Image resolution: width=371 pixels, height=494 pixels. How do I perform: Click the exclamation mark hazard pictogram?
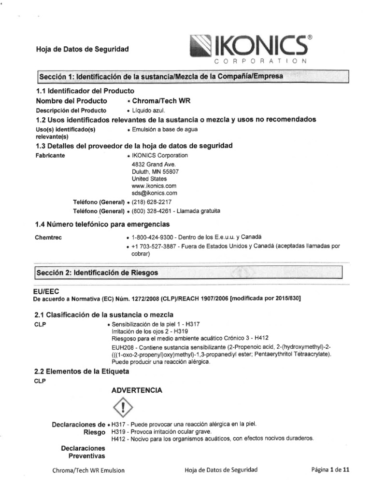pyautogui.click(x=125, y=408)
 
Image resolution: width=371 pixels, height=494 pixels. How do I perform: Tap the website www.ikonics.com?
pyautogui.click(x=150, y=186)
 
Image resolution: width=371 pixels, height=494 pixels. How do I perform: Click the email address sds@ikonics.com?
pyautogui.click(x=151, y=193)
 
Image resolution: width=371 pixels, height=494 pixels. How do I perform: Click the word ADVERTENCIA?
pyautogui.click(x=137, y=389)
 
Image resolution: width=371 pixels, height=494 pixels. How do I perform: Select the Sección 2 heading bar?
pyautogui.click(x=189, y=273)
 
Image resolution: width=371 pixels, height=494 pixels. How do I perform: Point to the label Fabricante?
pyautogui.click(x=50, y=156)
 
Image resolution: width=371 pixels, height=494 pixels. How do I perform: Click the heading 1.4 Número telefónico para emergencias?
pyautogui.click(x=102, y=224)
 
